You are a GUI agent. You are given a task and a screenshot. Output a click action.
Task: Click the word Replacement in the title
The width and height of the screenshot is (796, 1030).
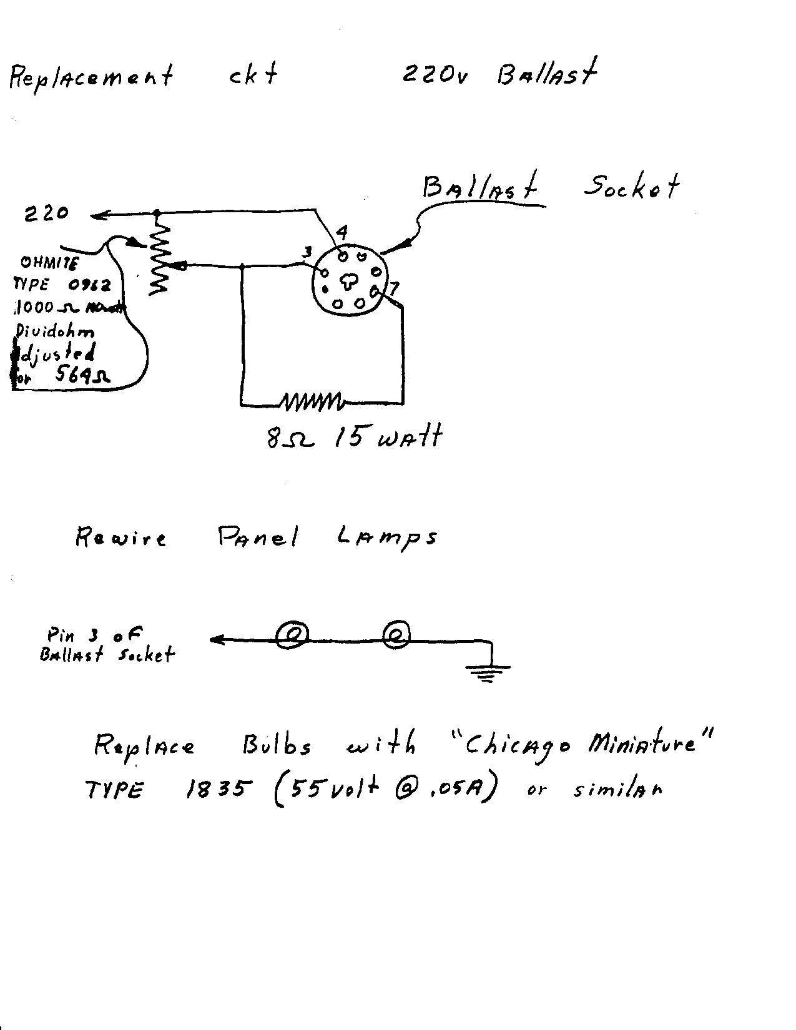tap(91, 77)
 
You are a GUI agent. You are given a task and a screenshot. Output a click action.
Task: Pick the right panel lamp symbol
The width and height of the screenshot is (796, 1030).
tap(396, 635)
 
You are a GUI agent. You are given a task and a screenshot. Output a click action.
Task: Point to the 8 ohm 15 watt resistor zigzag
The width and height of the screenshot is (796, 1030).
tap(310, 401)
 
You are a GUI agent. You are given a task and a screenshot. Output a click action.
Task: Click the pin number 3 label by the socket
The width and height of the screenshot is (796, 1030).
tap(307, 252)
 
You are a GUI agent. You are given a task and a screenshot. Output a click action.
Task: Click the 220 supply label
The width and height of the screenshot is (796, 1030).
tap(46, 214)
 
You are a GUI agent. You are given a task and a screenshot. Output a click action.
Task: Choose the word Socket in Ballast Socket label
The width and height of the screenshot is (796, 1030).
tap(631, 185)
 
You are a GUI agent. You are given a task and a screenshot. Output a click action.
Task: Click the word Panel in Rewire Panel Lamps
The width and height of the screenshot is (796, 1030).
tap(258, 537)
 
